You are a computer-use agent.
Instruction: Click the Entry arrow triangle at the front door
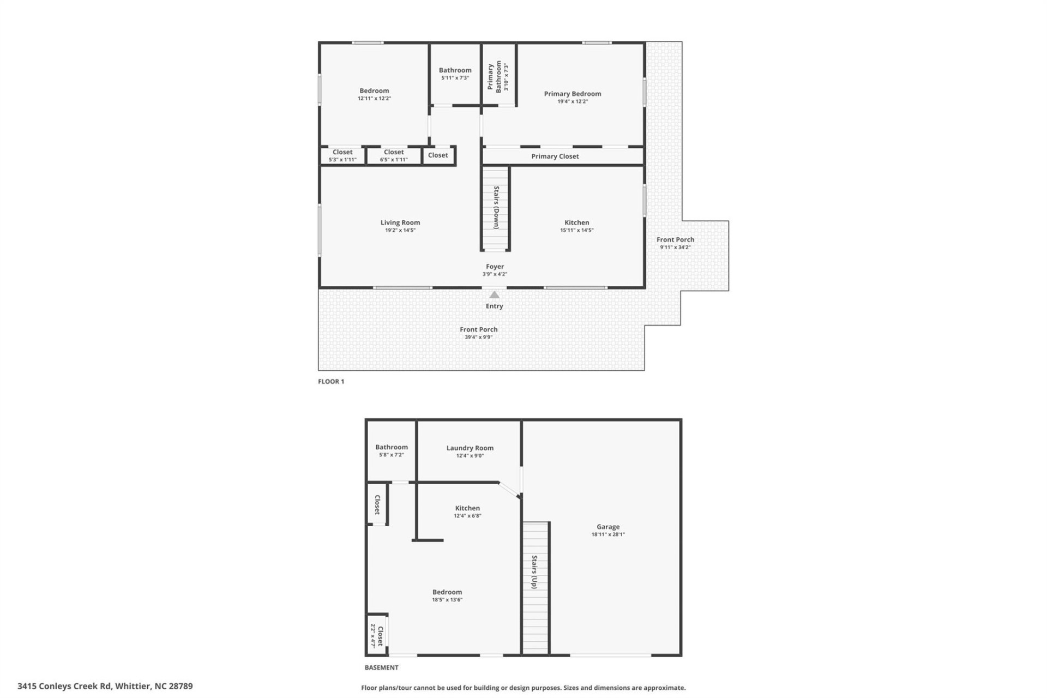[494, 295]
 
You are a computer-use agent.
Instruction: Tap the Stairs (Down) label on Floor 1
[496, 207]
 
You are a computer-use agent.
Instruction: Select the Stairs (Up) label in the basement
[534, 572]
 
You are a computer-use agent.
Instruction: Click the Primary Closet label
[555, 157]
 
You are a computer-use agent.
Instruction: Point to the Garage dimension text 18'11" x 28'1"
[607, 534]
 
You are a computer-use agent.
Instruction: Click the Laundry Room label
[470, 448]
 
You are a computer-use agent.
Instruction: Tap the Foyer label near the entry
[495, 267]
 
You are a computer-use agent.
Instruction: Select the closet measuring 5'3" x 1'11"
[342, 156]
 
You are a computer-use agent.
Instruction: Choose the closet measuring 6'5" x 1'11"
[393, 156]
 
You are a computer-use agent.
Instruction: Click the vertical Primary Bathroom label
[494, 76]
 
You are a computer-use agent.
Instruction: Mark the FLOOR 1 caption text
[331, 382]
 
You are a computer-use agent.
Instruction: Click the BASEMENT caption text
[381, 667]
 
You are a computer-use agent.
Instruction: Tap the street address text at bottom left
[105, 686]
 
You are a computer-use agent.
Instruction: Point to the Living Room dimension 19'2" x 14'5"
[400, 230]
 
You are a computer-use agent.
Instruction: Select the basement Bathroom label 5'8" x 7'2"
[391, 450]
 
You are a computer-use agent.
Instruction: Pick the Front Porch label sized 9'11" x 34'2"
[675, 243]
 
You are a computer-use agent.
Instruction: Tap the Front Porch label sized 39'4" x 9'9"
[478, 333]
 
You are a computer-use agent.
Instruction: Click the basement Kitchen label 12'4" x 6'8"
[467, 512]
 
